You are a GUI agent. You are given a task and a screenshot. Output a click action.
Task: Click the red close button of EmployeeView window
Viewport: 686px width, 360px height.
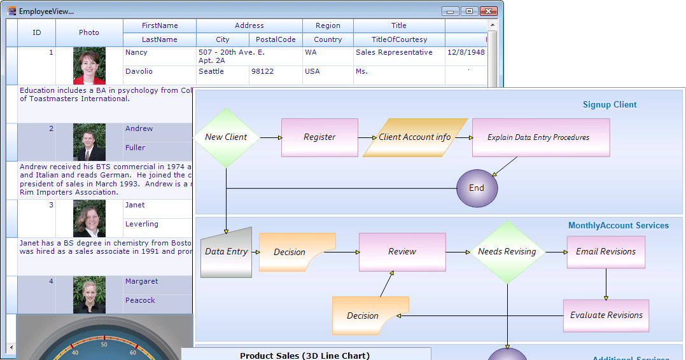[488, 11]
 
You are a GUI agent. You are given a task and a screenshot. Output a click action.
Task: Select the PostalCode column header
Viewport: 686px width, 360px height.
[276, 39]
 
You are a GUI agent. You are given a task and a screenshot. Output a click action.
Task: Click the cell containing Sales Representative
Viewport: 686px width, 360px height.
[394, 53]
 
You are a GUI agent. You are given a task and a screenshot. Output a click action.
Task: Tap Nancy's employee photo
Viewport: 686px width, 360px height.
[89, 66]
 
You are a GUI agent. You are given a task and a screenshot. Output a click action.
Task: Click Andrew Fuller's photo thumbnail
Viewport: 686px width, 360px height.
[89, 142]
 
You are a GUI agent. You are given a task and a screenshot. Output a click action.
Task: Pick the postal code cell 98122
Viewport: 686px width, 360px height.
[263, 72]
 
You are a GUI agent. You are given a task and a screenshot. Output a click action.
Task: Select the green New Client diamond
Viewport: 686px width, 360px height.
[226, 137]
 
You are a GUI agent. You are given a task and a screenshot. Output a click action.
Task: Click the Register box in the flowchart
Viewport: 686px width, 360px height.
[319, 137]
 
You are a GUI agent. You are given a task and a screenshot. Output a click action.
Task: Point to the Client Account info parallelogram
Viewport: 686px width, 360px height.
[415, 137]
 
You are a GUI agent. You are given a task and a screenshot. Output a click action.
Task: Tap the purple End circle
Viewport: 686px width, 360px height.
[477, 188]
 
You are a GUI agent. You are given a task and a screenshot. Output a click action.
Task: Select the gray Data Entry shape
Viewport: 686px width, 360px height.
[227, 253]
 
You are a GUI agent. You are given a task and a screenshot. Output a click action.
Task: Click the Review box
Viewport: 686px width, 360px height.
[402, 252]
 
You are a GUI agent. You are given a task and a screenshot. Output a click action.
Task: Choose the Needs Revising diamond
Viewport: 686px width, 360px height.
[507, 252]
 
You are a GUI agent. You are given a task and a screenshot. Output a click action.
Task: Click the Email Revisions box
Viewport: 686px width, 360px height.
[606, 252]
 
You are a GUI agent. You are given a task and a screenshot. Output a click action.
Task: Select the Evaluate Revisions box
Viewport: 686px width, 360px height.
[606, 315]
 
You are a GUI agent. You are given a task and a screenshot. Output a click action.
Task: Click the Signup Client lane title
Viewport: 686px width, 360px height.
[610, 105]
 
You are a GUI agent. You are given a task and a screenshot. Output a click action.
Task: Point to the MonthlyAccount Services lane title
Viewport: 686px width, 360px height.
[618, 226]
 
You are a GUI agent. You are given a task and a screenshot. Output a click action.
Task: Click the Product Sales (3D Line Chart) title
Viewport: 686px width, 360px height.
[304, 356]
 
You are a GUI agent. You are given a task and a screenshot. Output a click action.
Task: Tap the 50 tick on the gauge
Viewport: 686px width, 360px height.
[104, 344]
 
